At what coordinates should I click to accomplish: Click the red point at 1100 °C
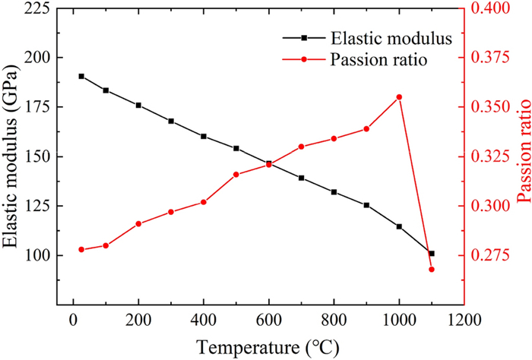(x=432, y=270)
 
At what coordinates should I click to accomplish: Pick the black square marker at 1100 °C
(x=432, y=254)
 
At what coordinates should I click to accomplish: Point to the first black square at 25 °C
(x=81, y=76)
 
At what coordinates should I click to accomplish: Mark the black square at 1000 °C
(x=399, y=226)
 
